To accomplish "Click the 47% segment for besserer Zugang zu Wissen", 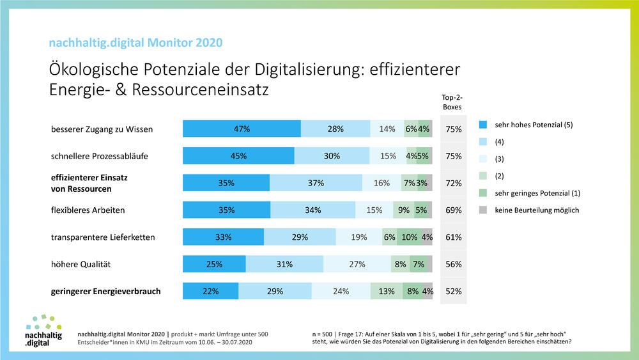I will (x=242, y=129).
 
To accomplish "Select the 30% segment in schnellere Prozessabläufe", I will (x=332, y=156).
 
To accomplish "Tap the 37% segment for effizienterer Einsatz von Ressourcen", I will (x=316, y=183).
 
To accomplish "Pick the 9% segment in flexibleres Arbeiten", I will (x=403, y=210).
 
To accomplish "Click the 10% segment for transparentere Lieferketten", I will (x=409, y=237).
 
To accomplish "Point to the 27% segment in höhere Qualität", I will (x=357, y=264).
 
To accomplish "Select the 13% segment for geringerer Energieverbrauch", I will (x=387, y=292).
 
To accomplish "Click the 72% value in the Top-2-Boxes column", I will (x=454, y=183).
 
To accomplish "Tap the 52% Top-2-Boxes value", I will (x=454, y=292).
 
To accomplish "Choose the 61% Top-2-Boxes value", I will (x=454, y=237).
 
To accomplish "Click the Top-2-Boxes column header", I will (x=452, y=102).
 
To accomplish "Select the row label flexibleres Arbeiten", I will (x=88, y=210).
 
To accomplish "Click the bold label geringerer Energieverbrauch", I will (x=105, y=292).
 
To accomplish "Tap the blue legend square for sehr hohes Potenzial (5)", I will (x=482, y=125).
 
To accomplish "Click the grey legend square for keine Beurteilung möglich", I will (x=482, y=210).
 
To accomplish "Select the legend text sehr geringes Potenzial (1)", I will (x=537, y=193).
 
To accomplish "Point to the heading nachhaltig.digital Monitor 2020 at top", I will (x=136, y=43).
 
